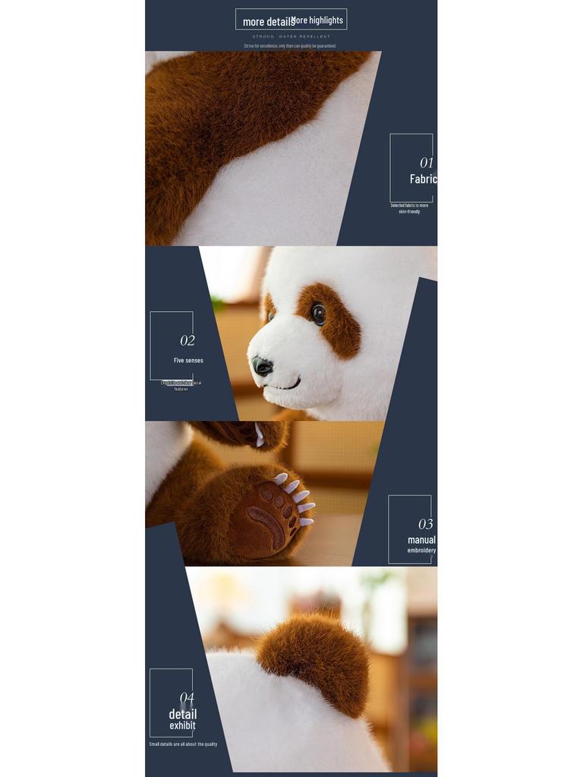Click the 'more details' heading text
pos(267,22)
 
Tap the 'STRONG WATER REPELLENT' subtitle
pos(291,36)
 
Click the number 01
pos(427,162)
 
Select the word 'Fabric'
pos(423,179)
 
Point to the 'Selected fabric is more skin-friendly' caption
pos(409,209)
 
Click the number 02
pos(188,341)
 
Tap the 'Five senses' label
pos(188,360)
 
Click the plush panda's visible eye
pos(318,313)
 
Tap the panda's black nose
pos(263,366)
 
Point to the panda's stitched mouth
pos(285,385)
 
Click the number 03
pos(426,524)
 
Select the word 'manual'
pos(421,540)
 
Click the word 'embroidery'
pos(421,550)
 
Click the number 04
pos(187,698)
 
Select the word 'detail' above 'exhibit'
pos(182,714)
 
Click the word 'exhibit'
pos(182,725)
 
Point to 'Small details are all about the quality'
pos(183,744)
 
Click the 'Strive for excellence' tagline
pos(290,46)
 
